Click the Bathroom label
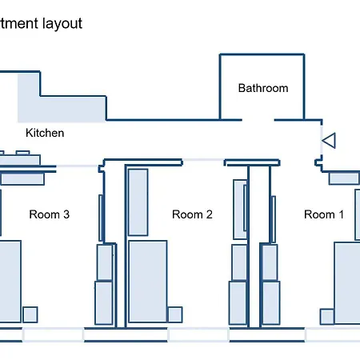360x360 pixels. [263, 88]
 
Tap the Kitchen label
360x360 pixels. [45, 133]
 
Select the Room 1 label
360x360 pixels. [324, 214]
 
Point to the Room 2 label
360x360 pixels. [192, 214]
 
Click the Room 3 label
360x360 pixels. [50, 214]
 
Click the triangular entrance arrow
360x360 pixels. [329, 140]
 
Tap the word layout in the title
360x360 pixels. [62, 23]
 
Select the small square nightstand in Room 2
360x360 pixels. [175, 314]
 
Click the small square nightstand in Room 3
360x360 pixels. [30, 314]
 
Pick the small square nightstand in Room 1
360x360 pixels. [327, 317]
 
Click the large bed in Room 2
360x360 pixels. [148, 282]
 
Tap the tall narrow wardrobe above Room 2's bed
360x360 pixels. [138, 202]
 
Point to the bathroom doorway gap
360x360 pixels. [258, 120]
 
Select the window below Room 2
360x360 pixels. [198, 335]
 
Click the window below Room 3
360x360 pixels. [53, 335]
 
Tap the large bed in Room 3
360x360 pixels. [10, 282]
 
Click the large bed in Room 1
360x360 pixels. [347, 283]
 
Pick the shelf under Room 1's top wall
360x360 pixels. [344, 178]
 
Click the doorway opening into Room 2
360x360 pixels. [203, 160]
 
